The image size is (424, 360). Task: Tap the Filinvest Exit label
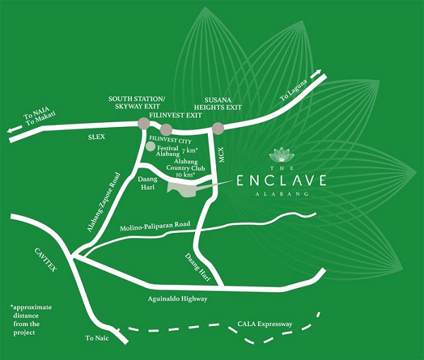(x=174, y=112)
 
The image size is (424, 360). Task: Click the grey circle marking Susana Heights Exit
(x=218, y=128)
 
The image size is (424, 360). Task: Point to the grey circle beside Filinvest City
(x=151, y=146)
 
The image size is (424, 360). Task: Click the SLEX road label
(x=96, y=133)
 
